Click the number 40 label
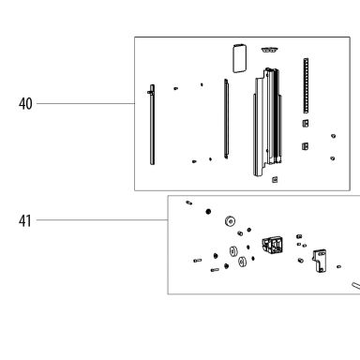[x=25, y=104]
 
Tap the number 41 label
[x=25, y=221]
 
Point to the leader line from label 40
[x=85, y=103]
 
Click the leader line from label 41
[x=102, y=220]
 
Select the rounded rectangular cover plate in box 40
[x=239, y=59]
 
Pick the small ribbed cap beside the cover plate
[x=270, y=50]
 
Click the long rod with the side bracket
[x=152, y=125]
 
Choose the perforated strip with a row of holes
[x=306, y=85]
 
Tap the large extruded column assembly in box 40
[x=267, y=122]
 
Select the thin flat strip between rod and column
[x=226, y=119]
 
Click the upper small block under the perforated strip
[x=306, y=123]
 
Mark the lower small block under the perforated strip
[x=306, y=146]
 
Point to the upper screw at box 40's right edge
[x=334, y=136]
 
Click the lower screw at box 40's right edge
[x=333, y=158]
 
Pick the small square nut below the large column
[x=275, y=179]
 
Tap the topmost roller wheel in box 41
[x=230, y=221]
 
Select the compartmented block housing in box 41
[x=273, y=245]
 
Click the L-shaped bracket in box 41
[x=320, y=261]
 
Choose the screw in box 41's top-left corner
[x=189, y=202]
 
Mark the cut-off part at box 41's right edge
[x=356, y=286]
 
